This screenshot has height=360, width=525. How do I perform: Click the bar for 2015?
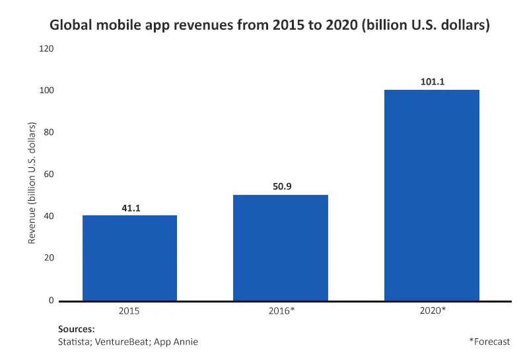point(129,258)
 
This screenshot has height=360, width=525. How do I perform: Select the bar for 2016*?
point(281,248)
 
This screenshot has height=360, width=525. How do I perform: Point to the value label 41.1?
point(130,209)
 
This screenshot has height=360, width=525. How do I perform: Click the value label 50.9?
point(281,186)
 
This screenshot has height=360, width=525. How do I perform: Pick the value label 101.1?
point(432,83)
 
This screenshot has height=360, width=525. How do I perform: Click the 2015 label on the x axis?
point(129,309)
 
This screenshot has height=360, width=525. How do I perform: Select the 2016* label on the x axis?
point(281,309)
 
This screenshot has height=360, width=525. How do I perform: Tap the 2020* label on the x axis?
point(433,309)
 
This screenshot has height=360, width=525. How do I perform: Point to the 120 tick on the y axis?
point(47,49)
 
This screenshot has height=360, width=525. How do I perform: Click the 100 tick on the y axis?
point(47,90)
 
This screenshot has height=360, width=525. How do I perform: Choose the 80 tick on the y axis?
point(49,133)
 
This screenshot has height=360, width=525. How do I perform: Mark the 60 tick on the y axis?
point(49,174)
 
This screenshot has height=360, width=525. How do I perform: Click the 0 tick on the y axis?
point(51,301)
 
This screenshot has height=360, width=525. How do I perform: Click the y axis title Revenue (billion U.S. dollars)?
point(31,175)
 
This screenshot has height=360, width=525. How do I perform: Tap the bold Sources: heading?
point(77,328)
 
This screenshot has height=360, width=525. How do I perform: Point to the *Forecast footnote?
point(489,342)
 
